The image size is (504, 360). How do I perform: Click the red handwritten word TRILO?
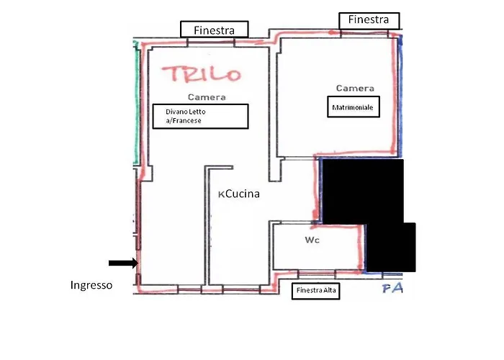pyautogui.click(x=201, y=74)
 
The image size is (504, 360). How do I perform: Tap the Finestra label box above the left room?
pyautogui.click(x=215, y=30)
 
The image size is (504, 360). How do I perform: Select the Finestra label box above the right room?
pyautogui.click(x=369, y=21)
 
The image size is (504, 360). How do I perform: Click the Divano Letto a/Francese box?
pyautogui.click(x=200, y=116)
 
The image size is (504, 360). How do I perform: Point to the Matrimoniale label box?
pyautogui.click(x=354, y=107)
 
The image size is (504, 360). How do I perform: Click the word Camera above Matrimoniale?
pyautogui.click(x=355, y=88)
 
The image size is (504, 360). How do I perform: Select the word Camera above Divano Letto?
pyautogui.click(x=207, y=97)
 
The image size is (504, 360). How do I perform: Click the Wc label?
pyautogui.click(x=312, y=240)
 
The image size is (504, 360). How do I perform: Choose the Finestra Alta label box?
pyautogui.click(x=315, y=291)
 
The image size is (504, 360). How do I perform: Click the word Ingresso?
pyautogui.click(x=91, y=285)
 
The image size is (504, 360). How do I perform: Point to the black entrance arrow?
pyautogui.click(x=123, y=264)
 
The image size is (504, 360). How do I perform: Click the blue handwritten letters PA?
pyautogui.click(x=392, y=288)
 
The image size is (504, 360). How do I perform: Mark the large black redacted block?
pyautogui.click(x=363, y=192)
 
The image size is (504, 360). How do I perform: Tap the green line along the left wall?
pyautogui.click(x=137, y=103)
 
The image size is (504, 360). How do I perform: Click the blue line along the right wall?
pyautogui.click(x=400, y=96)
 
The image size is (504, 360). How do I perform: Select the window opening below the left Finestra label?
pyautogui.click(x=211, y=42)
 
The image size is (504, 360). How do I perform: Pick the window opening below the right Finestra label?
pyautogui.click(x=364, y=33)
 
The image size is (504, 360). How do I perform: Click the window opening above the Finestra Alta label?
pyautogui.click(x=317, y=274)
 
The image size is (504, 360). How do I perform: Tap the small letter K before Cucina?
pyautogui.click(x=221, y=194)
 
